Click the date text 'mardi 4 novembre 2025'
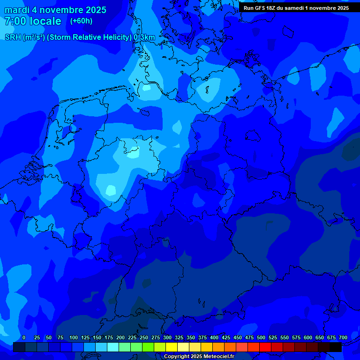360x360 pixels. [x=55, y=10]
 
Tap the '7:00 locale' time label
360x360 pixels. [x=32, y=21]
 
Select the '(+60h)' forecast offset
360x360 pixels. [x=81, y=21]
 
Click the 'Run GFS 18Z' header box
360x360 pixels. [x=296, y=8]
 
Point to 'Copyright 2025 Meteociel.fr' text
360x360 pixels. [x=199, y=356]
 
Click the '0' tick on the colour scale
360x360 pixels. [x=24, y=337]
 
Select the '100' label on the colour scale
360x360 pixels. [x=74, y=337]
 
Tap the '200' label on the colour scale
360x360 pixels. [x=120, y=337]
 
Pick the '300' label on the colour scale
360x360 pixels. [x=167, y=337]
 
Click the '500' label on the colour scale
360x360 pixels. [x=261, y=337]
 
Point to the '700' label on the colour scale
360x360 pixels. [x=343, y=337]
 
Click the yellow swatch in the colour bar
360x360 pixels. [x=172, y=347]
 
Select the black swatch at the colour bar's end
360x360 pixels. [x=336, y=347]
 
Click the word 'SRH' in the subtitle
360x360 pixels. [x=13, y=37]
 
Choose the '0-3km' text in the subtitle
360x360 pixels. [x=144, y=37]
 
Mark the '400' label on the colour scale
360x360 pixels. [x=214, y=337]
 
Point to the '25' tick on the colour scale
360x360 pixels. [x=37, y=337]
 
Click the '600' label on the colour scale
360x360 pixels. [x=308, y=337]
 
